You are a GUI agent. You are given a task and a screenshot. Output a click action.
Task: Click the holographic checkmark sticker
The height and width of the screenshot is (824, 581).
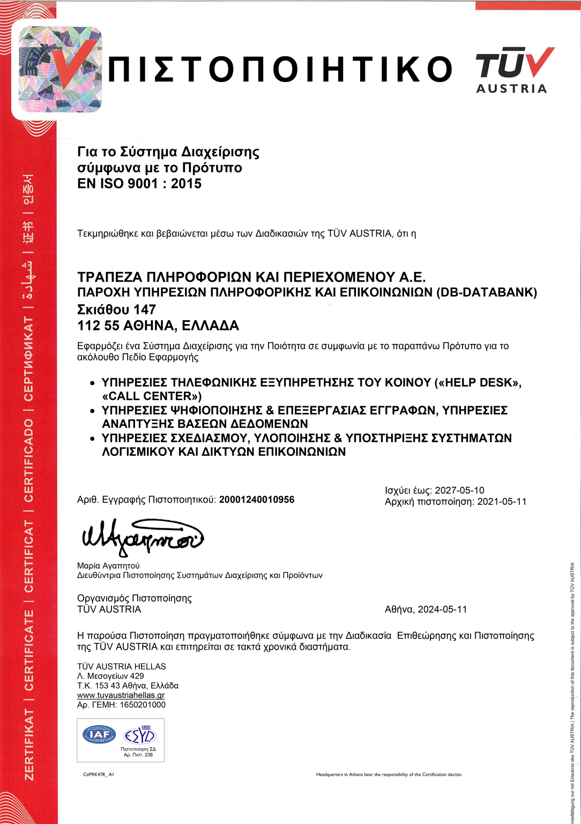60,69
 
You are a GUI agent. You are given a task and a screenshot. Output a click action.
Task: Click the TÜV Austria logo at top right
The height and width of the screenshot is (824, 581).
513,70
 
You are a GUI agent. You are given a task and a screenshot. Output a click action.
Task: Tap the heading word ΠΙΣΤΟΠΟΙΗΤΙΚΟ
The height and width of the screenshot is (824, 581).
280,70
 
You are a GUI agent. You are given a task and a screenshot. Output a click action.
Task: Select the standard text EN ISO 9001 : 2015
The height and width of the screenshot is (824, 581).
139,183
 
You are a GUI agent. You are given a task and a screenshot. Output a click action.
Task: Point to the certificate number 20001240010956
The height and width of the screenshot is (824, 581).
257,499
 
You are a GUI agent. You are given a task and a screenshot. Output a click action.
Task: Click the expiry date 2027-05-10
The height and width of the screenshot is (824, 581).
459,490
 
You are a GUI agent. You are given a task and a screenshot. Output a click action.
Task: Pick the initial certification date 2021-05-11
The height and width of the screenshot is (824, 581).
502,502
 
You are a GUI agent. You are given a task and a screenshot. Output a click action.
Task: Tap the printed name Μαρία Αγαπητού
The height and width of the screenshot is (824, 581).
108,565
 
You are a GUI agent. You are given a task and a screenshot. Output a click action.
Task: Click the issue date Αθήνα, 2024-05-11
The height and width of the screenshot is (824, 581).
426,609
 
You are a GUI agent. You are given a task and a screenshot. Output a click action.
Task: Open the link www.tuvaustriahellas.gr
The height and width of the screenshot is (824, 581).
121,695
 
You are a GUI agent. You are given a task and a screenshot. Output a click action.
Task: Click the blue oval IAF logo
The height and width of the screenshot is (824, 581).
99,734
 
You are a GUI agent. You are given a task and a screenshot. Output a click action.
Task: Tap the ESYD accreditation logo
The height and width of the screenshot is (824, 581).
139,735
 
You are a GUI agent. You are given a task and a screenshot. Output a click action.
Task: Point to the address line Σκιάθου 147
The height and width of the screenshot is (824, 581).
116,310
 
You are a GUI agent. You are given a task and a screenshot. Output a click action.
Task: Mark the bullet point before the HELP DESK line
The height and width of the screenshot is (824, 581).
92,384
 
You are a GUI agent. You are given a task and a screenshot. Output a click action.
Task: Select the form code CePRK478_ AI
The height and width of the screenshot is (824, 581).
99,775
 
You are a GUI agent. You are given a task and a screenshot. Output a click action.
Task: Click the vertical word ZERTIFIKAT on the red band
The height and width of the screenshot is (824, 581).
29,745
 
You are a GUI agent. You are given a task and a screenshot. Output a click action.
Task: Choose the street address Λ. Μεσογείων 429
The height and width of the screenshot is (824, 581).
110,676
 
